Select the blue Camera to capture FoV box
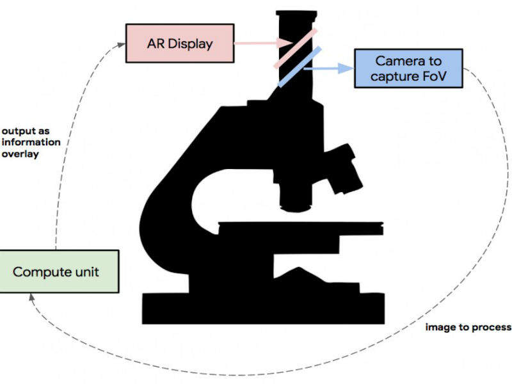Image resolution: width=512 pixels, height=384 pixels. [408, 70]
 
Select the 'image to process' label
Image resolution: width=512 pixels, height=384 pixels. [468, 327]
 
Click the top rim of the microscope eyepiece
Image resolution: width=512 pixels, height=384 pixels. [295, 13]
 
